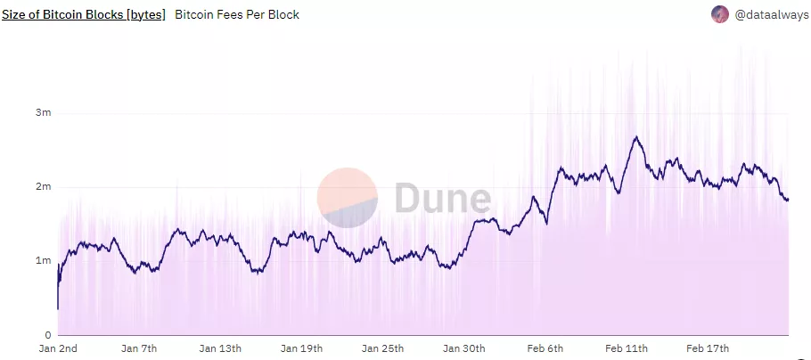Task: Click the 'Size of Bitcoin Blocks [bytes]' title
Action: click(x=84, y=15)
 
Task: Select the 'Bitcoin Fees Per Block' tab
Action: click(x=237, y=15)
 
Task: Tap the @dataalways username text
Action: click(x=771, y=15)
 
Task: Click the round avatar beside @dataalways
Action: click(x=720, y=14)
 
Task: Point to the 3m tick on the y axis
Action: click(x=43, y=113)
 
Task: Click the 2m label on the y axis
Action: click(x=43, y=187)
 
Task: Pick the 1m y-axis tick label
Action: click(x=43, y=261)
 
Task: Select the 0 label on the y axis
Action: click(x=47, y=334)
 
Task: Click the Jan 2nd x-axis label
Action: click(x=58, y=348)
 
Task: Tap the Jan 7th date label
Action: click(x=139, y=348)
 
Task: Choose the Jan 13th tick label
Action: click(x=220, y=348)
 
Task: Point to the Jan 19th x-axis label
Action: click(x=301, y=348)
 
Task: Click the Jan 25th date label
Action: click(x=382, y=348)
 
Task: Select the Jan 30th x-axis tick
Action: click(x=463, y=348)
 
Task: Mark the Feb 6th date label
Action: click(x=545, y=348)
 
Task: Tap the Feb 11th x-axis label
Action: click(x=626, y=348)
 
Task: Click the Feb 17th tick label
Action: click(x=707, y=348)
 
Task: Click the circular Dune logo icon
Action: click(x=348, y=198)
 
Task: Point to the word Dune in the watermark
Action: click(x=442, y=199)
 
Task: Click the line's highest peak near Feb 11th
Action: click(x=636, y=137)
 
